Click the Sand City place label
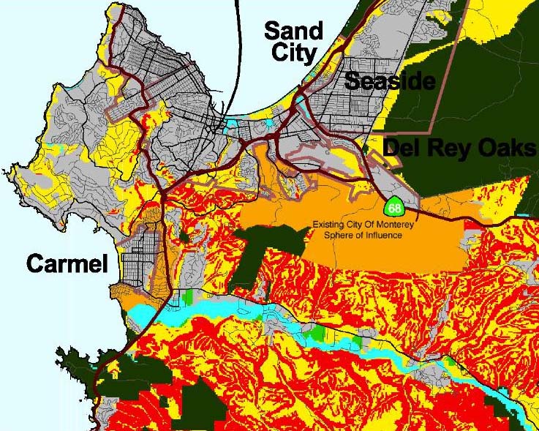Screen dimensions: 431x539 pyautogui.click(x=293, y=42)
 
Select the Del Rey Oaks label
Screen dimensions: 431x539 pyautogui.click(x=459, y=148)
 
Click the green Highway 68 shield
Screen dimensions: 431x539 pyautogui.click(x=395, y=209)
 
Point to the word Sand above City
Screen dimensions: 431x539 pyautogui.click(x=293, y=31)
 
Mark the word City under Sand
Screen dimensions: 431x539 pyautogui.click(x=293, y=53)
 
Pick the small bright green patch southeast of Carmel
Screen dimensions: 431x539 pyautogui.click(x=192, y=297)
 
